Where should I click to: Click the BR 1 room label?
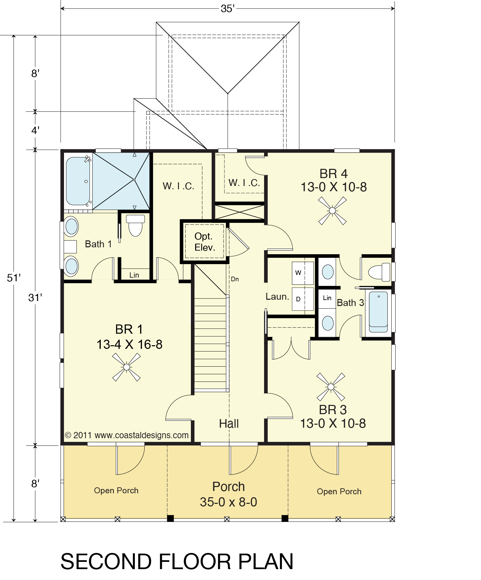point(129,337)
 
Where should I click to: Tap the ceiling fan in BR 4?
point(332,211)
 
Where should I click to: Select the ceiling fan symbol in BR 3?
point(331,387)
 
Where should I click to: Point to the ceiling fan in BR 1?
point(127,367)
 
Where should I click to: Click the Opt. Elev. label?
point(204,242)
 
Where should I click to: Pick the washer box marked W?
point(303,273)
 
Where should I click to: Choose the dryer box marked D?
point(303,299)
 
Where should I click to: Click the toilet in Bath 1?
point(135,225)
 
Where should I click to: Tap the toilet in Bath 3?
point(379,272)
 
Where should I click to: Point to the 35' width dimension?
point(227,9)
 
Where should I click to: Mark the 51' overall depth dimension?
point(14,278)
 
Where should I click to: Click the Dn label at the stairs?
point(235,279)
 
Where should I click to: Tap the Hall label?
point(229,424)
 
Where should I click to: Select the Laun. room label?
point(277,297)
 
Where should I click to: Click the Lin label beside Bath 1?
point(134,275)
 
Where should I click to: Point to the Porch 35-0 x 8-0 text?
point(228,494)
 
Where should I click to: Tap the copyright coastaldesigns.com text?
point(127,435)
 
